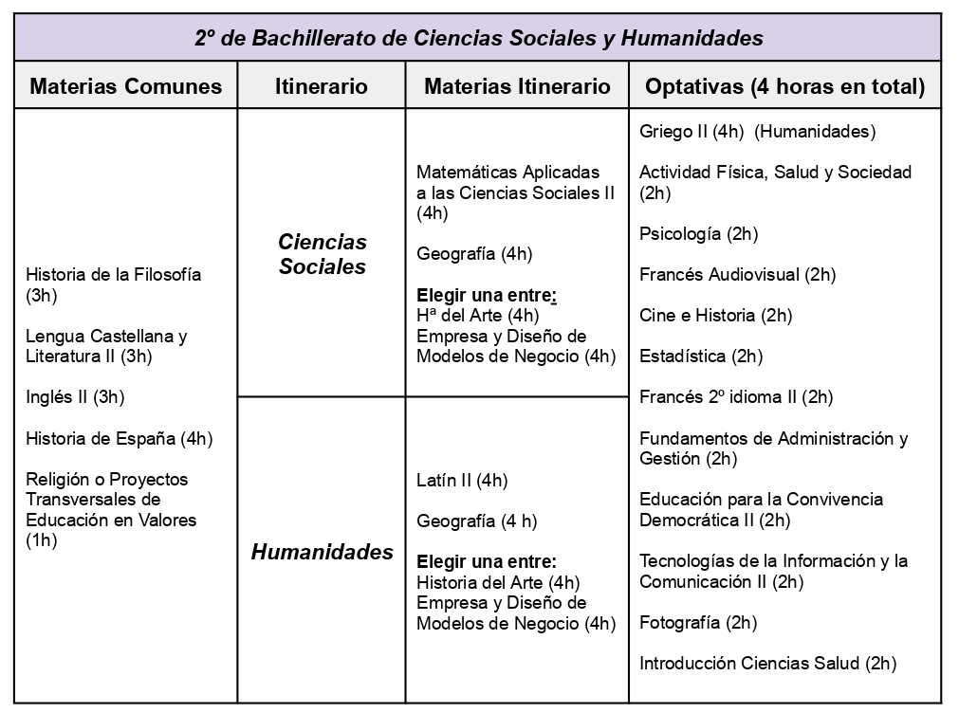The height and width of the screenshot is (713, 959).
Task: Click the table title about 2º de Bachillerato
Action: [479, 38]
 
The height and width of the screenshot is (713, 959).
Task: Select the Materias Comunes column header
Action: [126, 87]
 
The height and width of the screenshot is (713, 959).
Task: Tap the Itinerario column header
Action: [321, 87]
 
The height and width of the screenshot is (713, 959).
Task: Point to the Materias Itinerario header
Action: [517, 87]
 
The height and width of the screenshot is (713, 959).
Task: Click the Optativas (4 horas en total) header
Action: [784, 87]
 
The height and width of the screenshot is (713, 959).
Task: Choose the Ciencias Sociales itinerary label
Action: [322, 254]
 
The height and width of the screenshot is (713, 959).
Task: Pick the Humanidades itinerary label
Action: [322, 552]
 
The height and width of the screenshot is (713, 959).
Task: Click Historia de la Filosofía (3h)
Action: [114, 284]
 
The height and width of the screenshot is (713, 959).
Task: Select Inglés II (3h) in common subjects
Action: [75, 397]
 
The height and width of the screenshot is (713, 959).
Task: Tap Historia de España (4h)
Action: [120, 438]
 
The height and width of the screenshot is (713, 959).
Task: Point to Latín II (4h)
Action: [462, 480]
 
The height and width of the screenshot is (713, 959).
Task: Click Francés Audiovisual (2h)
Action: [737, 275]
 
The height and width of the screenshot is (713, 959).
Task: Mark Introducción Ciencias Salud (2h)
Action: [767, 664]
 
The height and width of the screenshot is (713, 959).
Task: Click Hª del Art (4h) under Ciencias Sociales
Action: [477, 316]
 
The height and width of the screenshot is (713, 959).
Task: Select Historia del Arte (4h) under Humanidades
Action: [498, 582]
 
